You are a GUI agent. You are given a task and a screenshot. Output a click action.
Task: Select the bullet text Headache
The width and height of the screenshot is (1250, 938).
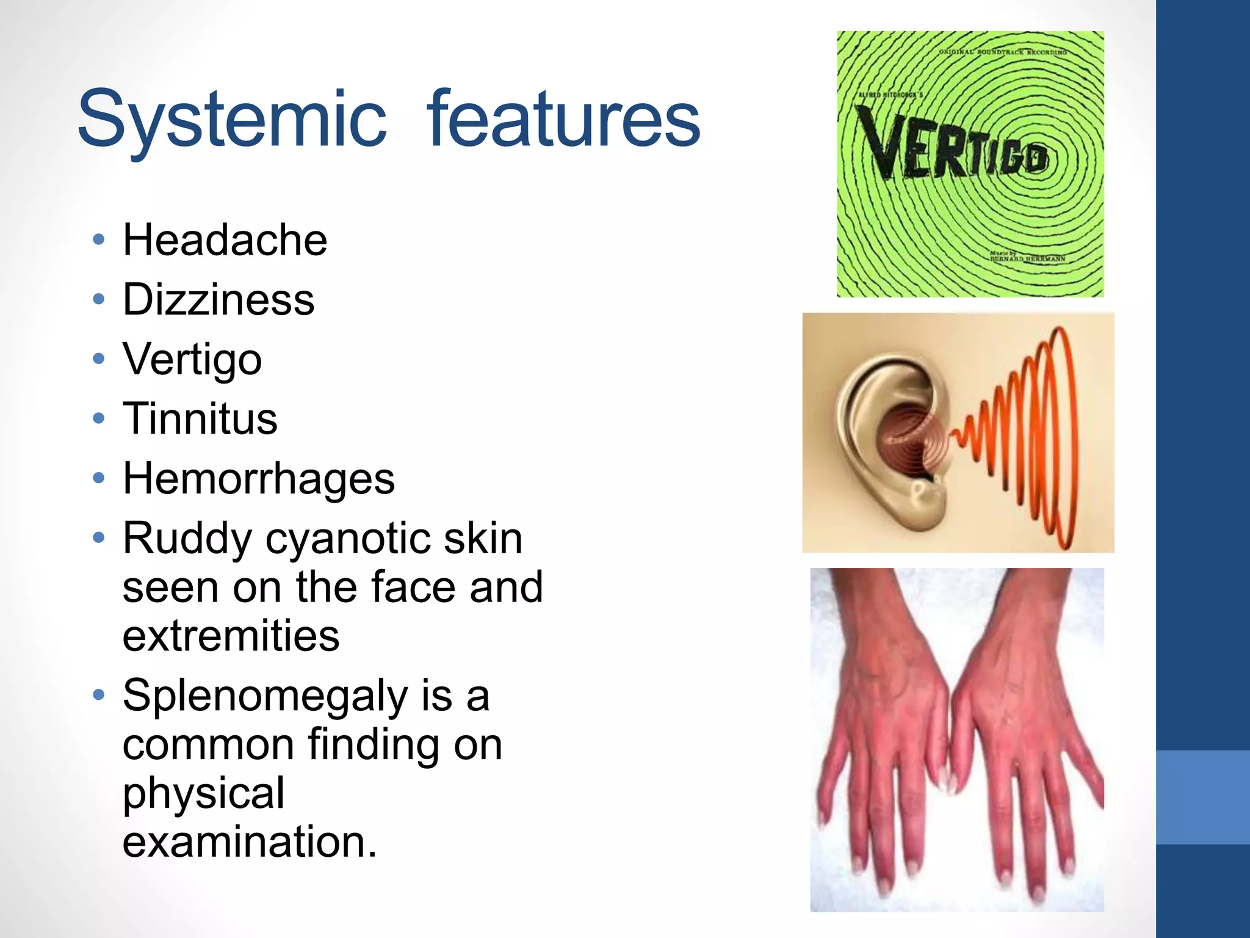click(x=225, y=239)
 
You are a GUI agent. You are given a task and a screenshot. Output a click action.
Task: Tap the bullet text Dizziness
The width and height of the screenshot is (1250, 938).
click(x=219, y=299)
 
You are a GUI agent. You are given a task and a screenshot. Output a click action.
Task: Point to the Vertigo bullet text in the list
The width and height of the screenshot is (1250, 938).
click(x=192, y=359)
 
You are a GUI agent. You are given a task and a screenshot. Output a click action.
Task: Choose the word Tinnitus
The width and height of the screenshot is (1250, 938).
click(x=200, y=419)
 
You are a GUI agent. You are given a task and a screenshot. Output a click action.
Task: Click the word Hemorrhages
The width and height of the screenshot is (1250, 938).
click(x=259, y=479)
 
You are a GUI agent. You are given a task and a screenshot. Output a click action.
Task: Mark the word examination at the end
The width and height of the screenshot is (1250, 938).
click(x=249, y=842)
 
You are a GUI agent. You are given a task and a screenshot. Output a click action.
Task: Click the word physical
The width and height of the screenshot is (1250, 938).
click(x=203, y=793)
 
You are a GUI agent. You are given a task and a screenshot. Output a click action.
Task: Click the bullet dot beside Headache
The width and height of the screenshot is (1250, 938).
click(x=99, y=239)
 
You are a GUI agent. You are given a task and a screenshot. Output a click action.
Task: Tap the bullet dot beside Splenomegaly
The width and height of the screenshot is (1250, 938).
click(x=99, y=695)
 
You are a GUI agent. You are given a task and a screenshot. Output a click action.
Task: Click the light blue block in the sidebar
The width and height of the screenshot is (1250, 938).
click(x=1202, y=797)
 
